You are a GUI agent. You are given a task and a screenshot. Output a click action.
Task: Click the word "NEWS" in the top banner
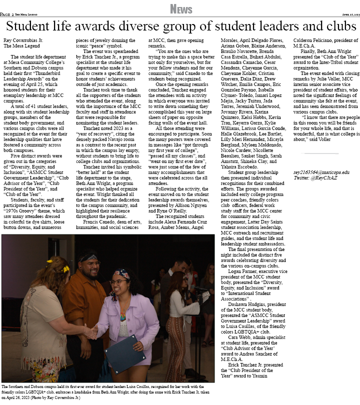[180, 9]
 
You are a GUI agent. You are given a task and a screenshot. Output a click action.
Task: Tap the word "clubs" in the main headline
[332, 26]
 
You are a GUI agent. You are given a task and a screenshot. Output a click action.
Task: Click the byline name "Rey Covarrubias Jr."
[23, 39]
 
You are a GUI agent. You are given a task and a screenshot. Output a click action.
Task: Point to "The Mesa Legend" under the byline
[20, 45]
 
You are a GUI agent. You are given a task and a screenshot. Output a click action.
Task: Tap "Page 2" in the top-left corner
[7, 14]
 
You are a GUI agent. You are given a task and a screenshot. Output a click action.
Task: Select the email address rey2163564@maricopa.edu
[321, 172]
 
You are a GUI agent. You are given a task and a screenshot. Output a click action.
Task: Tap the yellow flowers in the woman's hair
[65, 269]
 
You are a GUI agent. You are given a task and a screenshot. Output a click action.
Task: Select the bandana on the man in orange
[89, 258]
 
